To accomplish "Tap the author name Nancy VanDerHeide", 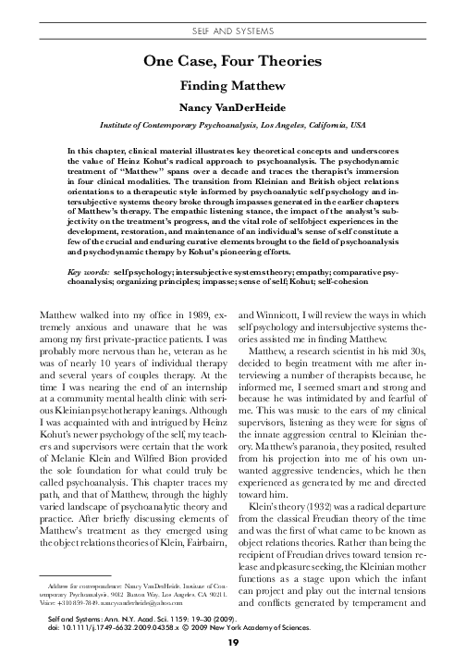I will [x=232, y=107].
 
